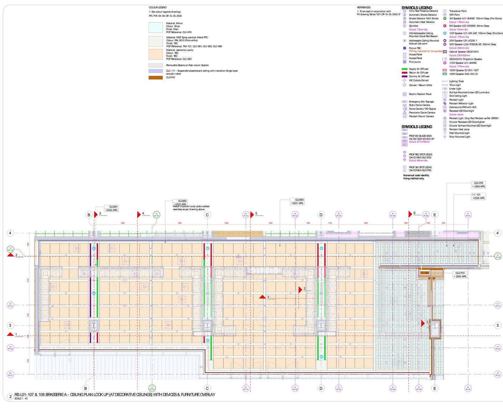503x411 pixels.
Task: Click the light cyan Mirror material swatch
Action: tap(155, 28)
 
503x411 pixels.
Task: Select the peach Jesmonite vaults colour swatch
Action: tap(155, 54)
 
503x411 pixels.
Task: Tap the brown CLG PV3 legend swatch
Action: tap(155, 78)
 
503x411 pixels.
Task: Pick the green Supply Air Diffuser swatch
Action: tap(404, 69)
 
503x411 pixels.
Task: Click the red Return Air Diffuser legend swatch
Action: tap(404, 73)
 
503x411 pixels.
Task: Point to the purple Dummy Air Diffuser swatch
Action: tap(404, 76)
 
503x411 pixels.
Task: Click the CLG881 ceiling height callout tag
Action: tap(112, 208)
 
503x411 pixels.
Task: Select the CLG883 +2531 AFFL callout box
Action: tap(297, 201)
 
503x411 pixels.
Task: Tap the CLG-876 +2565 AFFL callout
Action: tap(479, 185)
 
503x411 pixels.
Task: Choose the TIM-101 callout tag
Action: tap(478, 196)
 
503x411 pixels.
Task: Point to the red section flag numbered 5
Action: tap(252, 214)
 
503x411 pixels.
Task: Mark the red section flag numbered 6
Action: tap(410, 214)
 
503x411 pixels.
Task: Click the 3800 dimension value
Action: tap(123, 223)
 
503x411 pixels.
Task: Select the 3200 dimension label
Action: tap(270, 223)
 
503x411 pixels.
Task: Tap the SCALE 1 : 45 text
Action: tap(21, 398)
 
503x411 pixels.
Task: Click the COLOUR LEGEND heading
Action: tap(158, 7)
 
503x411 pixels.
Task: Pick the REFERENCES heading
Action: tap(364, 7)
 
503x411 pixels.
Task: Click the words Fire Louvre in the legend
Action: tap(415, 62)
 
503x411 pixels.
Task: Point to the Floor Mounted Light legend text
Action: tap(459, 137)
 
